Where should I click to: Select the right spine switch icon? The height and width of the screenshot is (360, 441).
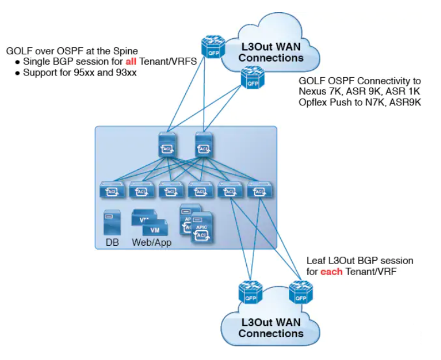point(204,145)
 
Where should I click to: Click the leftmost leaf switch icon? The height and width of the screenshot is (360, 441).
point(111,190)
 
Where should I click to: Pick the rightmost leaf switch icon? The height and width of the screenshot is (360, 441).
point(257,190)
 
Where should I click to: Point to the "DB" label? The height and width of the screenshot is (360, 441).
point(111,243)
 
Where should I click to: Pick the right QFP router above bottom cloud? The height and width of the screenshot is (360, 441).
point(300,292)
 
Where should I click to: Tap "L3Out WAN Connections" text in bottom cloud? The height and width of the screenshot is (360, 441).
point(271,328)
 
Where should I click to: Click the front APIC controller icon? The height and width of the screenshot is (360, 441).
point(202,230)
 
